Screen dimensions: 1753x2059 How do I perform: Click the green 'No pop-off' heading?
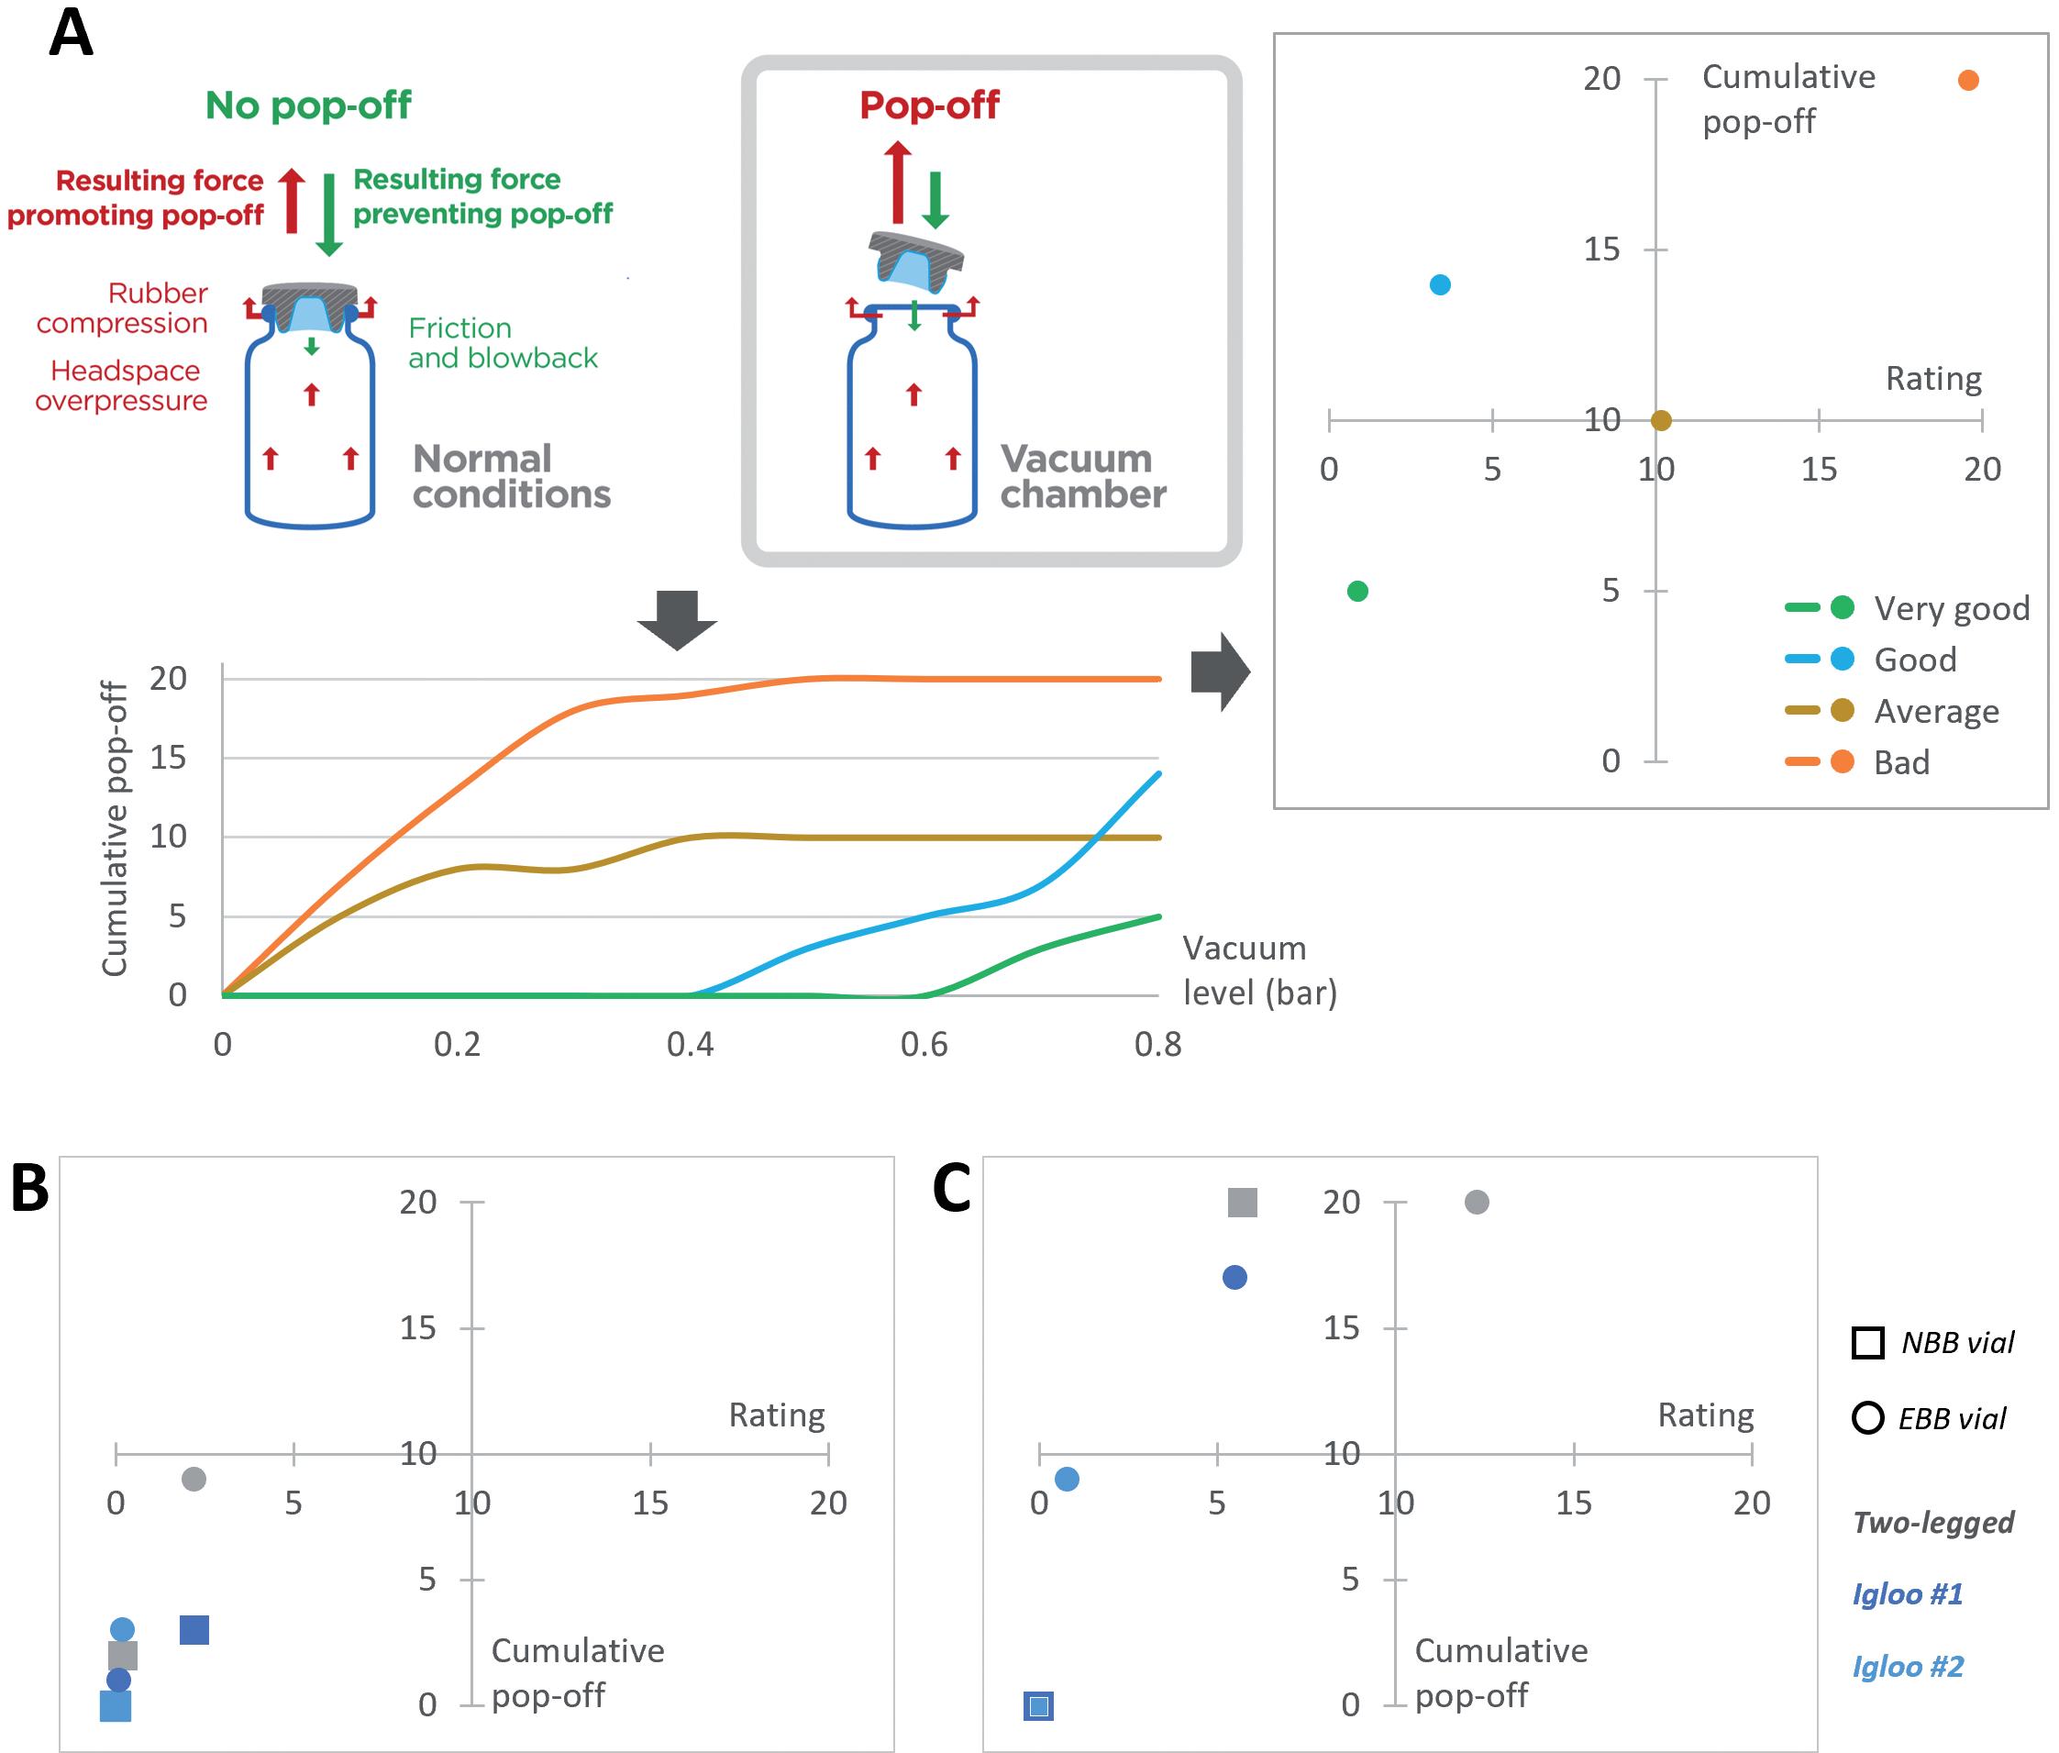pyautogui.click(x=308, y=105)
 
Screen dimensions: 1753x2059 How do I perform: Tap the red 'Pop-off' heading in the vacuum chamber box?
pyautogui.click(x=929, y=105)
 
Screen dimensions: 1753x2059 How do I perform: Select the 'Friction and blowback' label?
pyautogui.click(x=503, y=343)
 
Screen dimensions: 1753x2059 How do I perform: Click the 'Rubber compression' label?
pyautogui.click(x=123, y=308)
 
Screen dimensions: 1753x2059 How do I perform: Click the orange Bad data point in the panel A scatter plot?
pyautogui.click(x=1967, y=81)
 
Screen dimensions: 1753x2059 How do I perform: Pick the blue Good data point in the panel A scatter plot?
pyautogui.click(x=1440, y=285)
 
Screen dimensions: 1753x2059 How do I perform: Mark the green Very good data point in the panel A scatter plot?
pyautogui.click(x=1357, y=592)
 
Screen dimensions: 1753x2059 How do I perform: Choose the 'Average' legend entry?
pyautogui.click(x=1936, y=712)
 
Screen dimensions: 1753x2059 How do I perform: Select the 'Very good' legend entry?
pyautogui.click(x=1951, y=608)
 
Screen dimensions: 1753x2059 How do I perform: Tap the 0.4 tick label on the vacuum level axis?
pyautogui.click(x=690, y=1045)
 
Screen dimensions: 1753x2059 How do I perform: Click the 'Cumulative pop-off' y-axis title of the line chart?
pyautogui.click(x=116, y=829)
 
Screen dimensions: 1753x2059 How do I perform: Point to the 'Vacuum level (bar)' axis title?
pyautogui.click(x=1259, y=970)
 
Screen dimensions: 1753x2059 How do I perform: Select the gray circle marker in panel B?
pyautogui.click(x=194, y=1479)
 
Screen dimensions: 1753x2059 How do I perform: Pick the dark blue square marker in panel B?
pyautogui.click(x=194, y=1630)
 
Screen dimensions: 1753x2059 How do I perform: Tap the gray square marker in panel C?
pyautogui.click(x=1242, y=1203)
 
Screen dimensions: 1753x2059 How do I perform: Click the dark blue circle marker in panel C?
pyautogui.click(x=1234, y=1278)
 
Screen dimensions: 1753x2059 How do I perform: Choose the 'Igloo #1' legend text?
pyautogui.click(x=1908, y=1594)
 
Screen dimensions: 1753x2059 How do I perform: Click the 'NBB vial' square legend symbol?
pyautogui.click(x=1868, y=1343)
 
